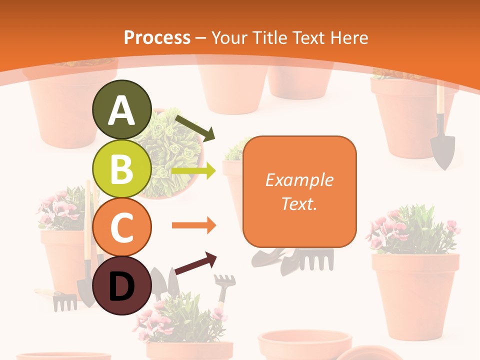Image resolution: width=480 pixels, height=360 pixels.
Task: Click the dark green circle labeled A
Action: [x=122, y=109]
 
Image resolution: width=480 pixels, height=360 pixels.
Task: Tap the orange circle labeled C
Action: [x=122, y=227]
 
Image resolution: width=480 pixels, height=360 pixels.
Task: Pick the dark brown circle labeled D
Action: [x=122, y=285]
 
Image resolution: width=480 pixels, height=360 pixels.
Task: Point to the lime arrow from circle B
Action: [x=194, y=171]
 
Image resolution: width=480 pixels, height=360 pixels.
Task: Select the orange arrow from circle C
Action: [x=194, y=225]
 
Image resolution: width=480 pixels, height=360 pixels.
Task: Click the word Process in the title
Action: [x=157, y=37]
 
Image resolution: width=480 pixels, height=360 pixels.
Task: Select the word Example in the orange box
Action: [x=299, y=180]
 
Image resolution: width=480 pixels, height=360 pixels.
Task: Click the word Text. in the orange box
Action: [x=299, y=203]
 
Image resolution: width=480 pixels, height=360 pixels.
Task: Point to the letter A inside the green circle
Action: [x=122, y=110]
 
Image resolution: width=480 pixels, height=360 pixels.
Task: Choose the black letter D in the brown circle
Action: [x=122, y=286]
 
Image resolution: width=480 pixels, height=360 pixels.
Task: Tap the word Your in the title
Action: [x=228, y=37]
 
